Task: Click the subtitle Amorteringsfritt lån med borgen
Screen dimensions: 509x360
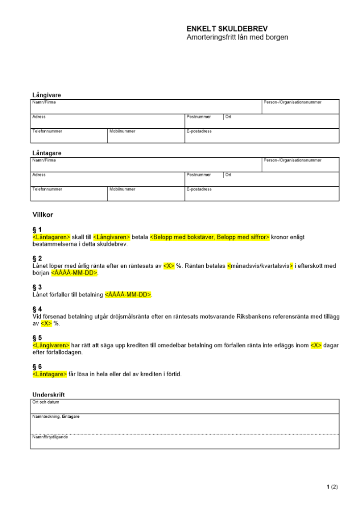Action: [237, 37]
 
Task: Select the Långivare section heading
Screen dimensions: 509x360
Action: [46, 95]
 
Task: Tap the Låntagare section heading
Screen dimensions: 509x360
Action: [46, 153]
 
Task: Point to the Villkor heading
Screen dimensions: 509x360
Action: [43, 215]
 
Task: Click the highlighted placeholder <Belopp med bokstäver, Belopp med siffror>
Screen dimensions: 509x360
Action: [209, 237]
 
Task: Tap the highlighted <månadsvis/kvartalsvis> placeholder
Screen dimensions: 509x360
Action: [260, 266]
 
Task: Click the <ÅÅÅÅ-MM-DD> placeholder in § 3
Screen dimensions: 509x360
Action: [129, 295]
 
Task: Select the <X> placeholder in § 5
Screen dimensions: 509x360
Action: [316, 345]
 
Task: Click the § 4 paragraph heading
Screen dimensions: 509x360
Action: [37, 309]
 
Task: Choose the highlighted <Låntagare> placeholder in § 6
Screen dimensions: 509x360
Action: [49, 374]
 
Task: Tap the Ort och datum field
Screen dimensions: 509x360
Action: [184, 406]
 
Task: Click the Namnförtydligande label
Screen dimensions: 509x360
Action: [50, 437]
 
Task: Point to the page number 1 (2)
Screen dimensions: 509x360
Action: [332, 487]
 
